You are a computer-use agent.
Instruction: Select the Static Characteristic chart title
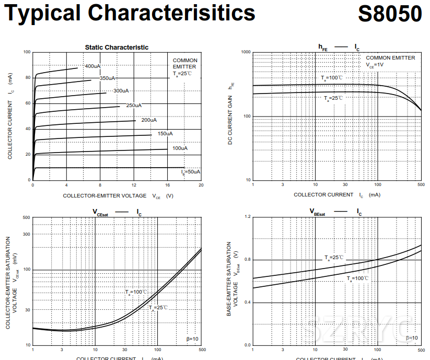pos(117,47)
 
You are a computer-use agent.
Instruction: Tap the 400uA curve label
pos(92,66)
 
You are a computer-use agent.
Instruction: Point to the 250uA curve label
pos(134,106)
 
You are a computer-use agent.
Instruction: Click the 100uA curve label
pos(180,148)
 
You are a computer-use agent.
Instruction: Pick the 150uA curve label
pos(165,134)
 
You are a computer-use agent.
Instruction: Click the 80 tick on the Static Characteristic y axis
pos(27,78)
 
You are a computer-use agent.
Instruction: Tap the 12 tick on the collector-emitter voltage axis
pos(134,185)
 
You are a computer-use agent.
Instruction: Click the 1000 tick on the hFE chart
pos(246,52)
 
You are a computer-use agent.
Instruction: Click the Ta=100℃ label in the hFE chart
pos(332,78)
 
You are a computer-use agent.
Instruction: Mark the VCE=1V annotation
pos(375,65)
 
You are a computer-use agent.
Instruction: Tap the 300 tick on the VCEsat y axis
pos(26,234)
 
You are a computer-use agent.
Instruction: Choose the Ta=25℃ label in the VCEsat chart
pos(158,307)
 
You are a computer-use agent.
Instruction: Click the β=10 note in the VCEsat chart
pos(192,339)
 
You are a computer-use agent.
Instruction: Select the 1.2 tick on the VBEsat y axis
pos(247,216)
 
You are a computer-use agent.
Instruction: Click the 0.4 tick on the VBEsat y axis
pos(247,303)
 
